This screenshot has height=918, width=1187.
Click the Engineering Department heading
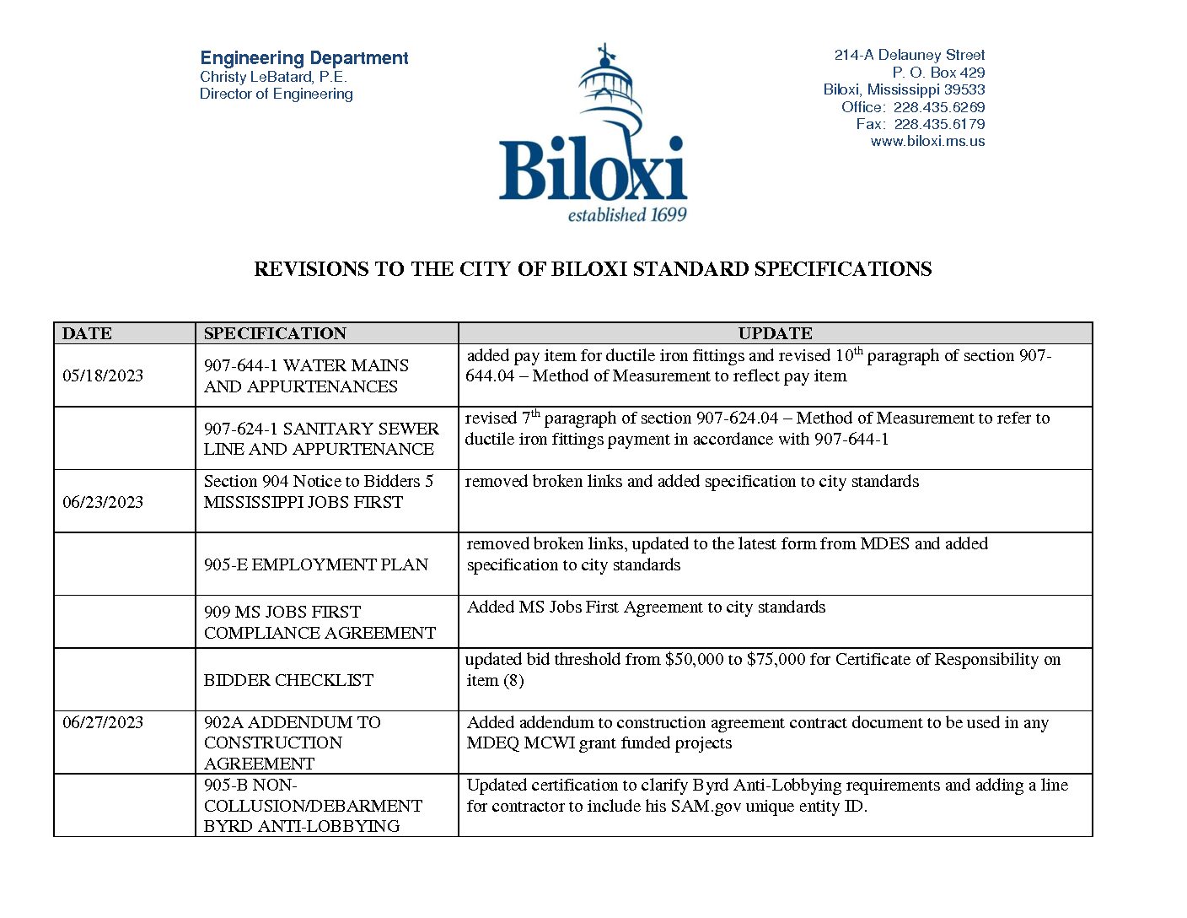point(303,58)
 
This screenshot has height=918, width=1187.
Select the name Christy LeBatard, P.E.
point(273,77)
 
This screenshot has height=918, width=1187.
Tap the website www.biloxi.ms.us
point(927,142)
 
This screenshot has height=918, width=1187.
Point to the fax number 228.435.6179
point(939,124)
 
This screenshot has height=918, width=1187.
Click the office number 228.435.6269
point(939,107)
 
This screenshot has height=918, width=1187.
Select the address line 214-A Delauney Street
point(909,55)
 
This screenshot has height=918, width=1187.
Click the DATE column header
point(87,333)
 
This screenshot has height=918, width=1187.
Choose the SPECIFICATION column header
point(275,333)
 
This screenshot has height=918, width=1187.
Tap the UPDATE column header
point(775,333)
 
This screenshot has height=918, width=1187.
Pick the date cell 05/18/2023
point(103,375)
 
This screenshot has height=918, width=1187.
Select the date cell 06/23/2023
point(103,502)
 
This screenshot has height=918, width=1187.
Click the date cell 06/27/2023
point(103,722)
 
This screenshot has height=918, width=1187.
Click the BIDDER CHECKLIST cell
point(288,680)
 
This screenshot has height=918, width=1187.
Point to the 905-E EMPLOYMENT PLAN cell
point(316,564)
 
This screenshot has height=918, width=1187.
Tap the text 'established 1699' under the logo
point(627,215)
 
